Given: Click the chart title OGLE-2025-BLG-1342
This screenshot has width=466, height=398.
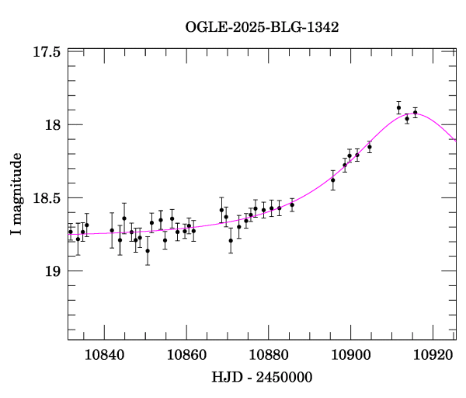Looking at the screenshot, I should pos(262,27).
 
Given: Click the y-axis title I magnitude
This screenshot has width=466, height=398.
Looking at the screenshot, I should pos(16,194).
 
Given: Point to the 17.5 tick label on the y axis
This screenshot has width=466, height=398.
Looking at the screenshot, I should pos(48,52).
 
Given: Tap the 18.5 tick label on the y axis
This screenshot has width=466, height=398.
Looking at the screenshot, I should pos(48,198).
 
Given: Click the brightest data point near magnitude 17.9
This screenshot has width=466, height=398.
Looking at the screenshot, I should pos(398,108).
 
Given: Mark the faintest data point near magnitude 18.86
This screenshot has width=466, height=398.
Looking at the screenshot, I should pos(148,250).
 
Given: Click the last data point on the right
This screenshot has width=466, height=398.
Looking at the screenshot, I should pos(416,113).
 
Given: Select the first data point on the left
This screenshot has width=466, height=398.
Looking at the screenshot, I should pos(70,232).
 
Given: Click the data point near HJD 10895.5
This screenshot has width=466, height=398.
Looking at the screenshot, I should pos(332,180).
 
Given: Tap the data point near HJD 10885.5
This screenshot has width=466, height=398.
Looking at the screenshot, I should pos(292,204).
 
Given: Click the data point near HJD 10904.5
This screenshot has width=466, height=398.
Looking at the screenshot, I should pos(370,147).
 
